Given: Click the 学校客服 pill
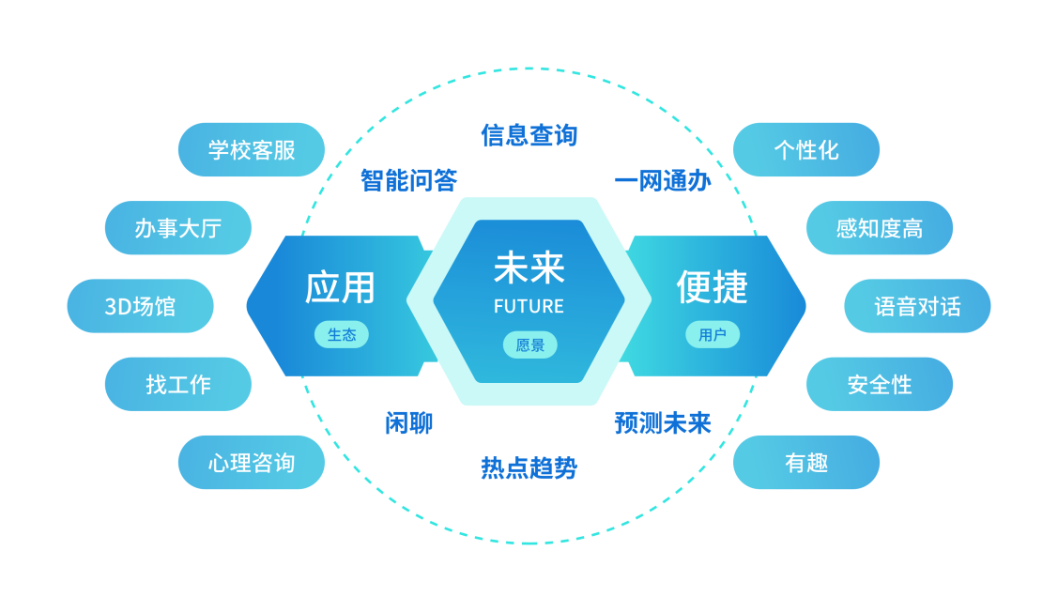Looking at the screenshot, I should [x=252, y=150].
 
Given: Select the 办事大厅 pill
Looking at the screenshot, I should [x=178, y=228].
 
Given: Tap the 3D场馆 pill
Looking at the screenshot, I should [x=141, y=306].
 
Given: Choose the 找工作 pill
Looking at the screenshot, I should [x=178, y=384].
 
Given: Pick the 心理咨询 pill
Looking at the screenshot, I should [x=252, y=463].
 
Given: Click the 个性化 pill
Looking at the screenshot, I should [x=806, y=150].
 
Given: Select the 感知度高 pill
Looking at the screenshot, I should [x=880, y=228].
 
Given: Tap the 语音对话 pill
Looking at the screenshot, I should [x=917, y=306].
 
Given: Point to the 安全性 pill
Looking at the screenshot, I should [x=880, y=384].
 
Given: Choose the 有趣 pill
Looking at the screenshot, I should [x=806, y=463].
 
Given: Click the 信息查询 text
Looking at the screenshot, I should [x=529, y=135].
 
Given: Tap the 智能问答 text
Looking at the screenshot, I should [x=409, y=180].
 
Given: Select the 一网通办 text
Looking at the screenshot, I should [x=663, y=180].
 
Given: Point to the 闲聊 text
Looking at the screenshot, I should [x=409, y=423].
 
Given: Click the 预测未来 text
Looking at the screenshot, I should [x=663, y=423].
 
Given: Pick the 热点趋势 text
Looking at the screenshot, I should [x=529, y=467].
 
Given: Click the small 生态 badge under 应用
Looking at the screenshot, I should [x=342, y=335].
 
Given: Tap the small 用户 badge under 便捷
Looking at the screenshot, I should [x=713, y=335].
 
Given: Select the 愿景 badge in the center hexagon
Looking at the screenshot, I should [x=530, y=345].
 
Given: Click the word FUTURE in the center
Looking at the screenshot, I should [x=529, y=307].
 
